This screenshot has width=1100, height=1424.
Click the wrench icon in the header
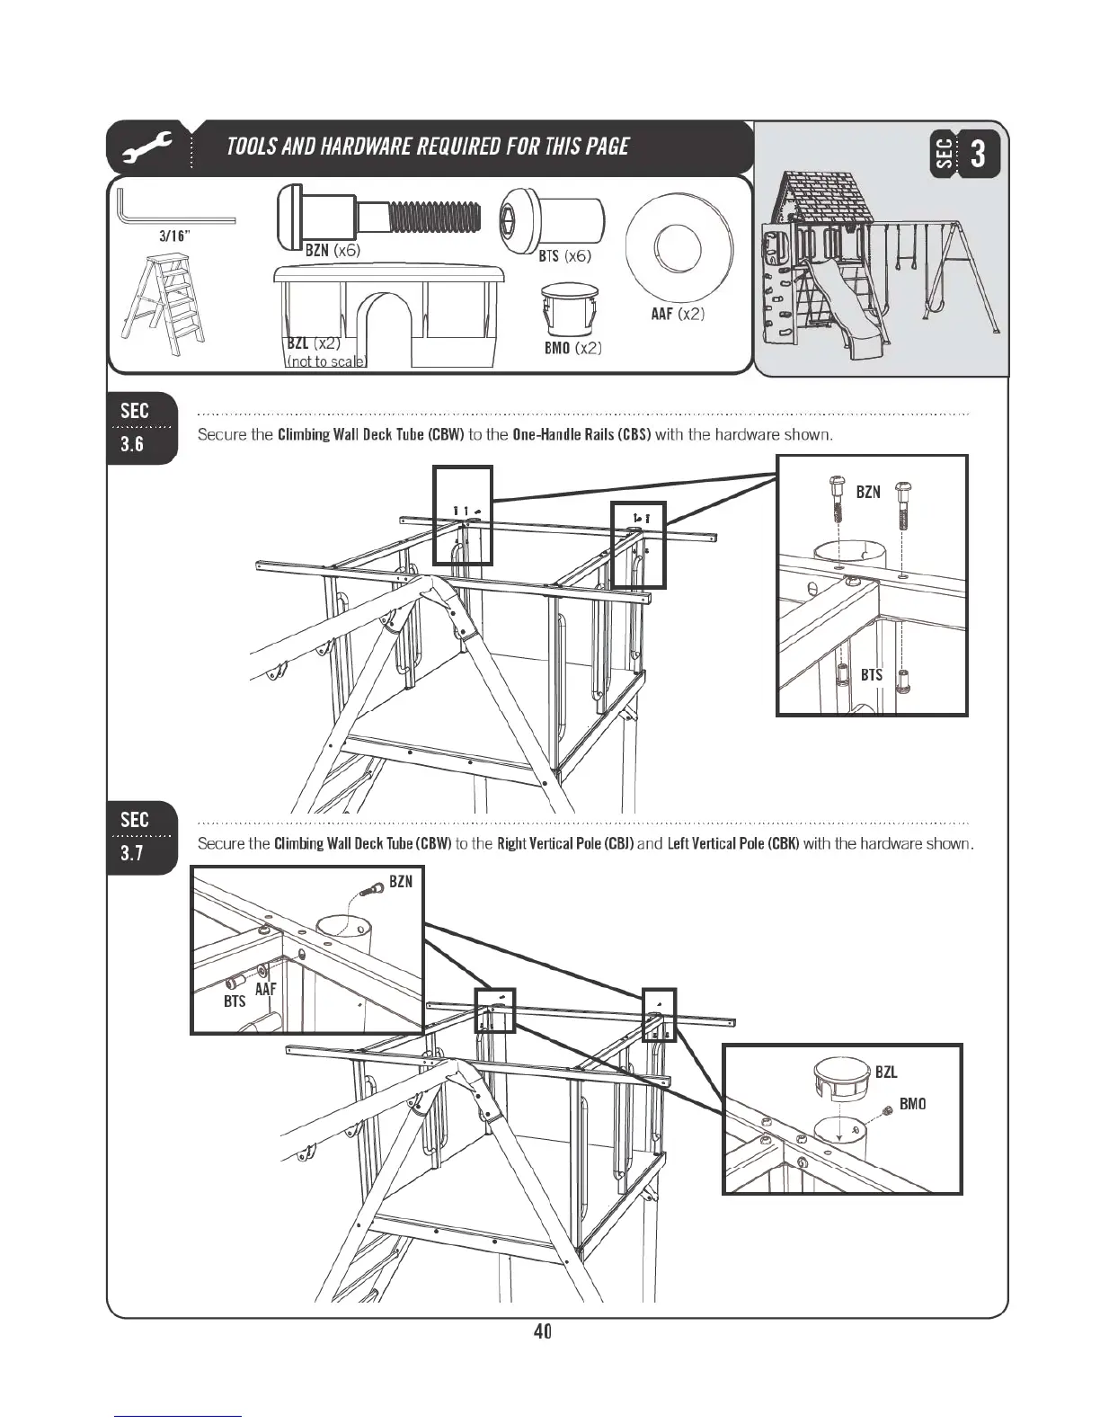point(147,147)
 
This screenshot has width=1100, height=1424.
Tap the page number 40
point(542,1331)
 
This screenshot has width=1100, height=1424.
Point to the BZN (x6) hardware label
point(333,251)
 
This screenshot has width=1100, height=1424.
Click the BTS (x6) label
point(564,256)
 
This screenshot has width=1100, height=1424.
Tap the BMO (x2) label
point(572,348)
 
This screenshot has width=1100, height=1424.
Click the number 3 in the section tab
point(980,154)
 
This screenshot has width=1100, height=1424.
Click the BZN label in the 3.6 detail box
point(868,492)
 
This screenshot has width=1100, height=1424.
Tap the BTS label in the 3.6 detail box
point(872,674)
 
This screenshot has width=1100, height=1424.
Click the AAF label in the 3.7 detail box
point(265,989)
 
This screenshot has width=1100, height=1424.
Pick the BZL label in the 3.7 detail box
point(886,1072)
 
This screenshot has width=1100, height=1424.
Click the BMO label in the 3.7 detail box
point(912,1104)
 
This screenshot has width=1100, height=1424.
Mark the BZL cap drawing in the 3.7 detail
point(842,1078)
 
